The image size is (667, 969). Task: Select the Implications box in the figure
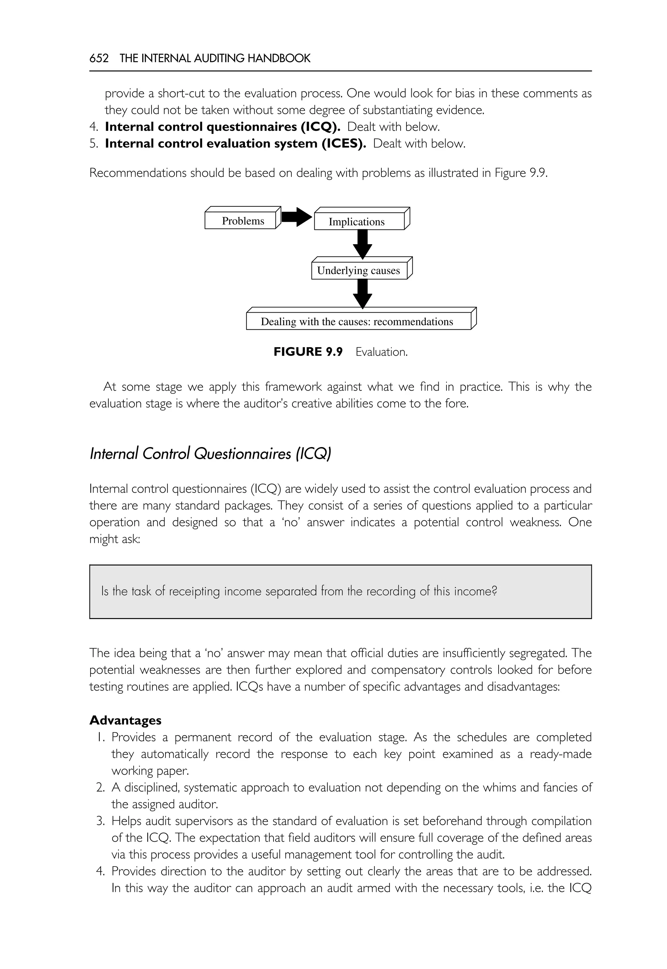pyautogui.click(x=359, y=221)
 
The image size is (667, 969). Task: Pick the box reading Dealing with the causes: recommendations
pyautogui.click(x=358, y=321)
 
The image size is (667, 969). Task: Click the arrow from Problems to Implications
pyautogui.click(x=296, y=217)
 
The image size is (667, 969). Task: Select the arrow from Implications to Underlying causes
pyautogui.click(x=362, y=244)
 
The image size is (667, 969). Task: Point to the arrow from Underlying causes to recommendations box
pyautogui.click(x=362, y=294)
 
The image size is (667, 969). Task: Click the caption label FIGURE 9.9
pyautogui.click(x=308, y=352)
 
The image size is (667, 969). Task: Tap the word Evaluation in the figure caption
pyautogui.click(x=381, y=352)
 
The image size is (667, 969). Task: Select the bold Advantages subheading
pyautogui.click(x=125, y=720)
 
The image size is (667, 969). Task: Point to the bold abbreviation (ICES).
pyautogui.click(x=344, y=143)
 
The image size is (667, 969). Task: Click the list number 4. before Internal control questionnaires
pyautogui.click(x=93, y=127)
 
